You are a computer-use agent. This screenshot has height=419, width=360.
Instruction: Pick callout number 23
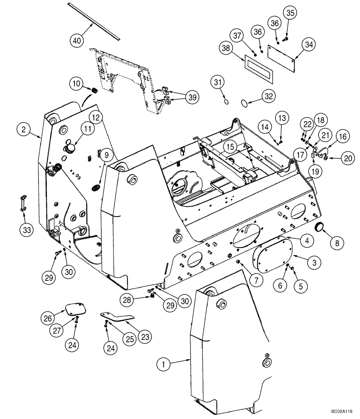[145, 336]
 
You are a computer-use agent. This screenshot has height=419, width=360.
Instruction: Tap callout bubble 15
[229, 147]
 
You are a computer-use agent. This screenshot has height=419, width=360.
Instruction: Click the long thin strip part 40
[94, 20]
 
